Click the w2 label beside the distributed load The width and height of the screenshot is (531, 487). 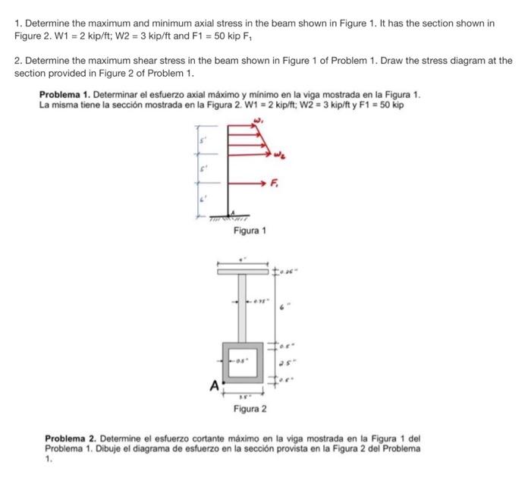tap(281, 157)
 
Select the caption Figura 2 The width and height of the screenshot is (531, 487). tap(250, 410)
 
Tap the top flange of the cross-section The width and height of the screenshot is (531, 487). tap(244, 270)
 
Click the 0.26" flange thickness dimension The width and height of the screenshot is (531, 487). tap(290, 270)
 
